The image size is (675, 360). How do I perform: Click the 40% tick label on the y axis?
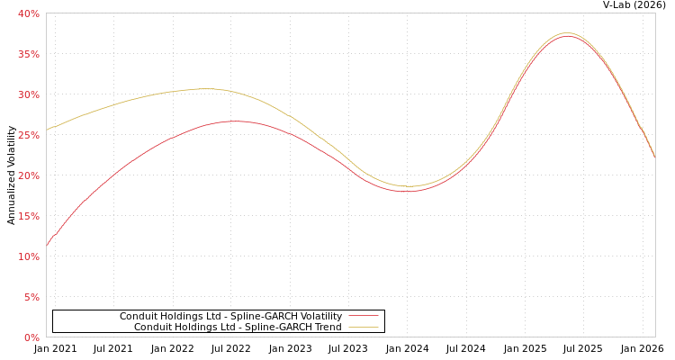tap(28, 13)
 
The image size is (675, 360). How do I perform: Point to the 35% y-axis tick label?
tap(28, 54)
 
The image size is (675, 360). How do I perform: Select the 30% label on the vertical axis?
tap(28, 94)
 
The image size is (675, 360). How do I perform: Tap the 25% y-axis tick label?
tap(28, 135)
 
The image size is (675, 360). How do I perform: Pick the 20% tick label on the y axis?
tap(28, 175)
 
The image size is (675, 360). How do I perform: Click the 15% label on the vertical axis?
tap(28, 216)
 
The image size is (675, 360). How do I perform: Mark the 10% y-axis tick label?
tap(28, 256)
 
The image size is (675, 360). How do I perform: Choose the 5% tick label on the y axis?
tap(31, 297)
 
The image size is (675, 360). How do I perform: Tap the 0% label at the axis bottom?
tap(31, 337)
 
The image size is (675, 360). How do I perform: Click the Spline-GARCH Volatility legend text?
tap(230, 316)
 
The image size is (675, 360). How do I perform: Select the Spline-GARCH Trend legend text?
tap(238, 327)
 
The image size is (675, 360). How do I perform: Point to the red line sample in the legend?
tap(364, 316)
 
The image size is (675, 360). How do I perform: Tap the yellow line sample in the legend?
tap(364, 327)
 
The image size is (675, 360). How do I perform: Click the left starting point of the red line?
tap(47, 245)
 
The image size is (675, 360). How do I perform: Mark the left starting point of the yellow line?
tap(47, 130)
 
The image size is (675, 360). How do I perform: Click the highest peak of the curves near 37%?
tap(567, 34)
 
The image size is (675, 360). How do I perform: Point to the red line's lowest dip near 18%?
tap(406, 191)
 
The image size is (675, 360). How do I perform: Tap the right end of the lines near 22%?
tap(654, 157)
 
